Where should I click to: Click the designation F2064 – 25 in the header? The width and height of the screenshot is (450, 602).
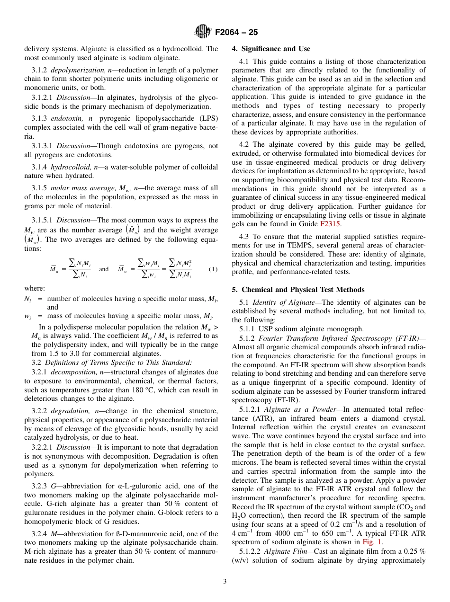click(x=236, y=33)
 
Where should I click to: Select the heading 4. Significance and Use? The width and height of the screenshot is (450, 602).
click(x=271, y=49)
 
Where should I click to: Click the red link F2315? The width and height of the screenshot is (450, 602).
click(x=330, y=224)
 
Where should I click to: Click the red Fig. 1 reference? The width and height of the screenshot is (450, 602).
click(x=373, y=542)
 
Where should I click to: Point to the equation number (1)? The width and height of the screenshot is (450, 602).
click(x=213, y=269)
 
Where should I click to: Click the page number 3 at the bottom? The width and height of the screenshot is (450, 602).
click(x=225, y=581)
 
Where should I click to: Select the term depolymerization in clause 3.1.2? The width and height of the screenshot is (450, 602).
click(x=73, y=70)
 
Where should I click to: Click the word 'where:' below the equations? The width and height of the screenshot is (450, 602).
click(x=35, y=288)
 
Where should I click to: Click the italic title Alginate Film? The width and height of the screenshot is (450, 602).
click(x=286, y=551)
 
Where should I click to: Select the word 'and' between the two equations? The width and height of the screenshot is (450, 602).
click(x=104, y=269)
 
